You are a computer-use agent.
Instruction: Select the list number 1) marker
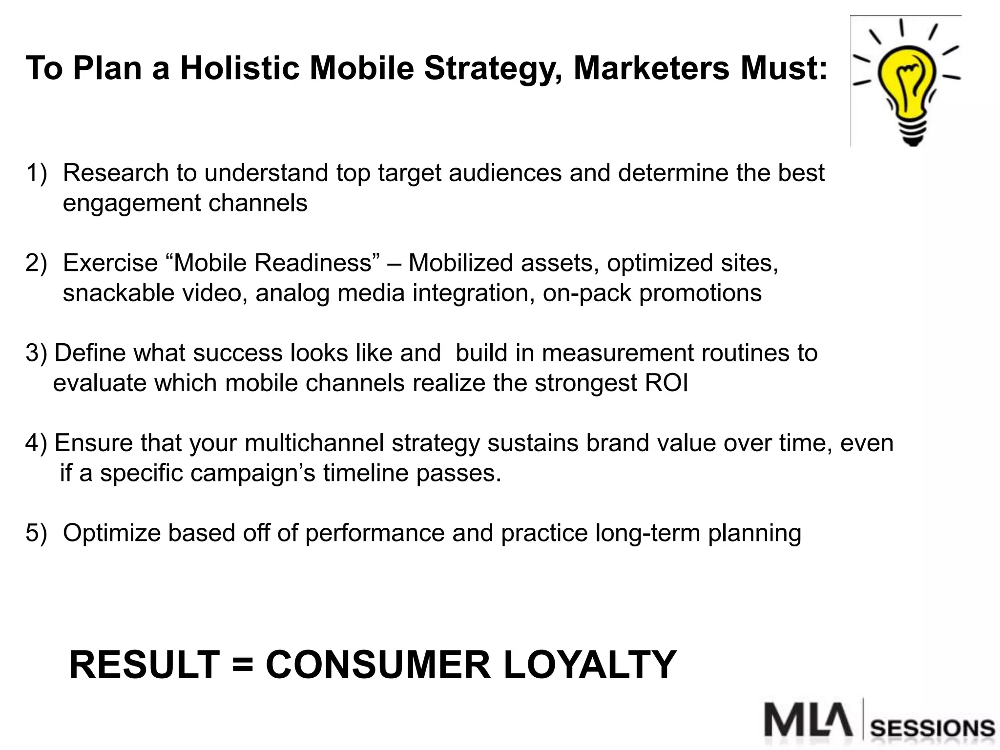click(x=36, y=173)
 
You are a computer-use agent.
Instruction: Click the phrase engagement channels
click(x=185, y=203)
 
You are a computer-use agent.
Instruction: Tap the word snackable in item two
click(x=119, y=293)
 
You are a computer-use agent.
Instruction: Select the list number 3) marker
click(x=36, y=354)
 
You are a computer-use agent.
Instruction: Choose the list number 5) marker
click(x=36, y=533)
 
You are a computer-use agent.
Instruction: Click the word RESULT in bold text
click(x=145, y=665)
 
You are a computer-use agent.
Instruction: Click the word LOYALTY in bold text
click(x=590, y=665)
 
